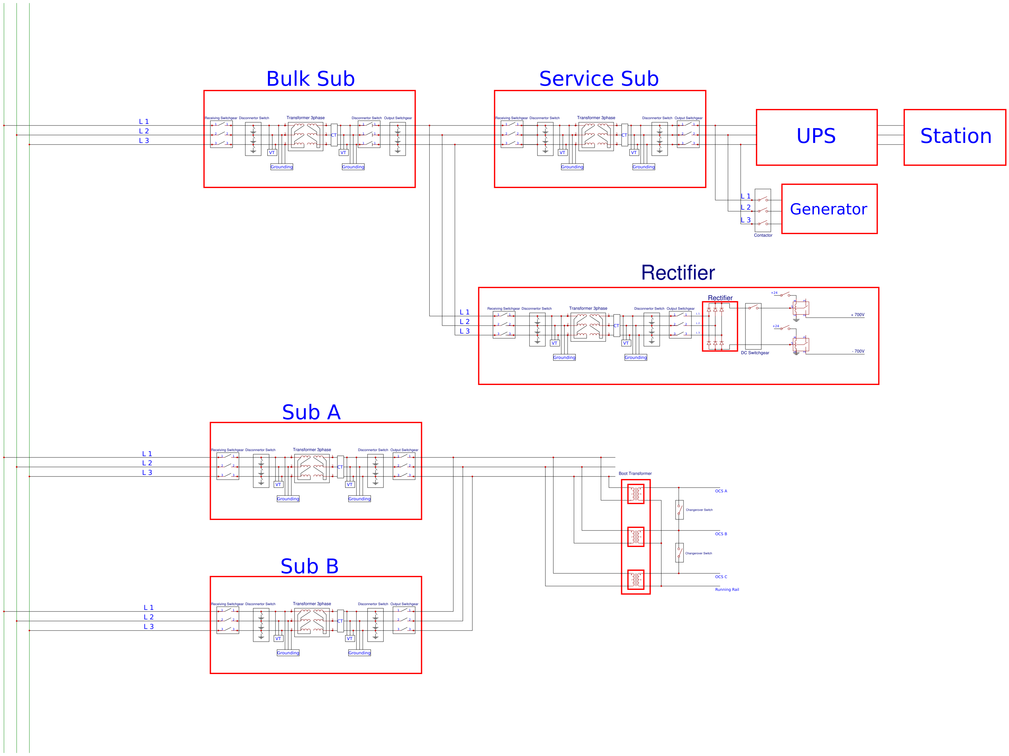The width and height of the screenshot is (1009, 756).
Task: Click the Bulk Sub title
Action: tap(310, 79)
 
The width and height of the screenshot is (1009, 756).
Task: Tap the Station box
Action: tap(955, 137)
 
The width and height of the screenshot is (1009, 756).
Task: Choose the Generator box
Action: tap(829, 209)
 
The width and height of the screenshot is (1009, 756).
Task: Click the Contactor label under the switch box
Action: tap(763, 235)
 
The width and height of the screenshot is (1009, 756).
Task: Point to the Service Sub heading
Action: tap(598, 79)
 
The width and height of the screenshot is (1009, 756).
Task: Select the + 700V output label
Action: tap(857, 315)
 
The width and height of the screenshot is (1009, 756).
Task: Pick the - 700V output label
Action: tap(858, 351)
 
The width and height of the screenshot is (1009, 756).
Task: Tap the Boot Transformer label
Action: tap(635, 474)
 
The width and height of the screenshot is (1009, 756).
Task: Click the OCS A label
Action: tap(721, 491)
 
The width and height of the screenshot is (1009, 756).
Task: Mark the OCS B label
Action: tap(721, 534)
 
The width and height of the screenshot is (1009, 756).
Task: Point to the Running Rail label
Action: tap(727, 590)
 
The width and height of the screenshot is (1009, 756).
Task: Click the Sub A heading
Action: tap(311, 412)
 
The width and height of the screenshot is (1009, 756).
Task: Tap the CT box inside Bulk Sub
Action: tap(334, 135)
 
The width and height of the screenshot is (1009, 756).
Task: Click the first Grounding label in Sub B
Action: tap(288, 653)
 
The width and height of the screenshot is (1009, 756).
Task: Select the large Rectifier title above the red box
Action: tap(678, 273)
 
